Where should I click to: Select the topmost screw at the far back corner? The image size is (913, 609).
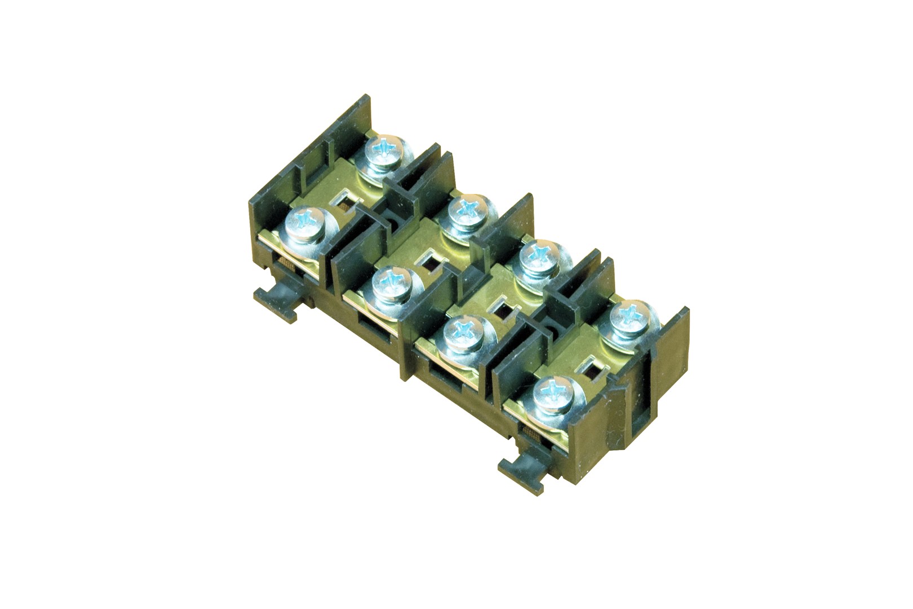pyautogui.click(x=386, y=151)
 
